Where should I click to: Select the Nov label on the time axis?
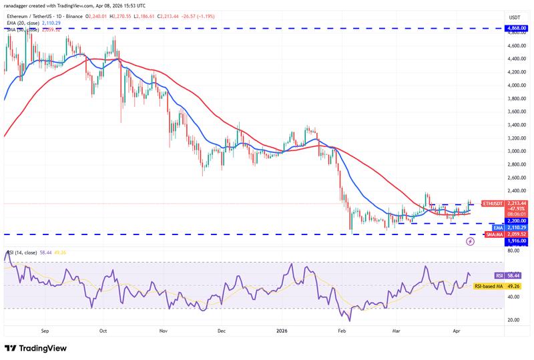point(164,330)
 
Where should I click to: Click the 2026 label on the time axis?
point(281,330)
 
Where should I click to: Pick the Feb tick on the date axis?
point(341,330)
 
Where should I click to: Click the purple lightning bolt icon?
point(471,241)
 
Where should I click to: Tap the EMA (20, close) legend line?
point(33,23)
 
